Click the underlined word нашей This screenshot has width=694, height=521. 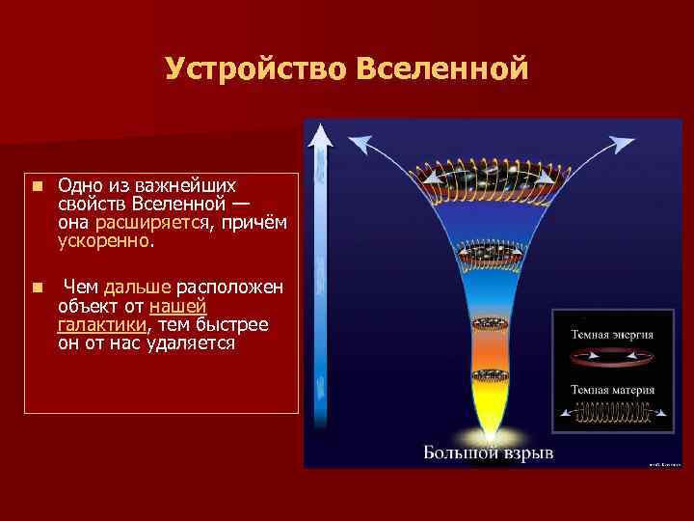pos(179,306)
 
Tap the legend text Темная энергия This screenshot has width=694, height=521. pos(613,335)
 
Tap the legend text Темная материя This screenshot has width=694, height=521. pos(613,390)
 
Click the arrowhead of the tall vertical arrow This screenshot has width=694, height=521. pos(318,138)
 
